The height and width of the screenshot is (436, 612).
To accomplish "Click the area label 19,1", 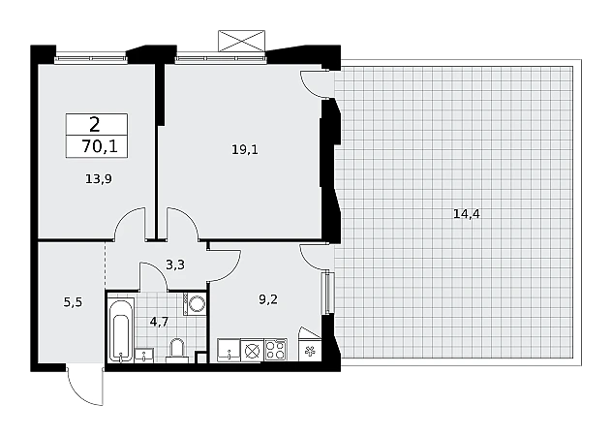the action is pos(245,149).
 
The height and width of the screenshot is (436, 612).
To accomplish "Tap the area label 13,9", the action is pos(99,179).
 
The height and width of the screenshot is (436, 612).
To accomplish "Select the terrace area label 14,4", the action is pos(467,214).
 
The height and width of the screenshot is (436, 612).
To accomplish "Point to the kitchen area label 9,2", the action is pos(268,299).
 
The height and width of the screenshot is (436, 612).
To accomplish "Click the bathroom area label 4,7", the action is pos(159,322).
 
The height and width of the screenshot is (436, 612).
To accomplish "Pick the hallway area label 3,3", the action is pos(175,265).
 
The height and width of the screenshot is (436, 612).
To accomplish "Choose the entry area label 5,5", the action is pos(73,302).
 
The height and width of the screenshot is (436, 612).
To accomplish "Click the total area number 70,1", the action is pos(100,147).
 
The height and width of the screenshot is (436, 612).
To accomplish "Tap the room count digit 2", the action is pos(95,125).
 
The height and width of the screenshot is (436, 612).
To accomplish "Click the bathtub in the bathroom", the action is pos(121,330).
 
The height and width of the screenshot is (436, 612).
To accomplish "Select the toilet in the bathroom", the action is pos(177,349).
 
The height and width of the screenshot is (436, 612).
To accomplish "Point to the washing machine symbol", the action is pos(195,303).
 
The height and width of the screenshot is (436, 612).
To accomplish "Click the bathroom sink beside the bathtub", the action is pos(144,356).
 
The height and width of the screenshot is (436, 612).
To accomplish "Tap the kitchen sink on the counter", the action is pos(229,350).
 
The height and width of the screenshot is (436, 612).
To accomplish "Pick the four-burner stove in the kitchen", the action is pos(276,349).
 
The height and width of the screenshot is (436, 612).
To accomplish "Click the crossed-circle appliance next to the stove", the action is pos(252,351).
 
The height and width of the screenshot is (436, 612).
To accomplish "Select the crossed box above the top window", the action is pos(241,41).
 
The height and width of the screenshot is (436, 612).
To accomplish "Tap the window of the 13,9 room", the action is pos(91,59).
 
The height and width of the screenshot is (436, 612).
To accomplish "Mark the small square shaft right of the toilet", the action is pos(200,358).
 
